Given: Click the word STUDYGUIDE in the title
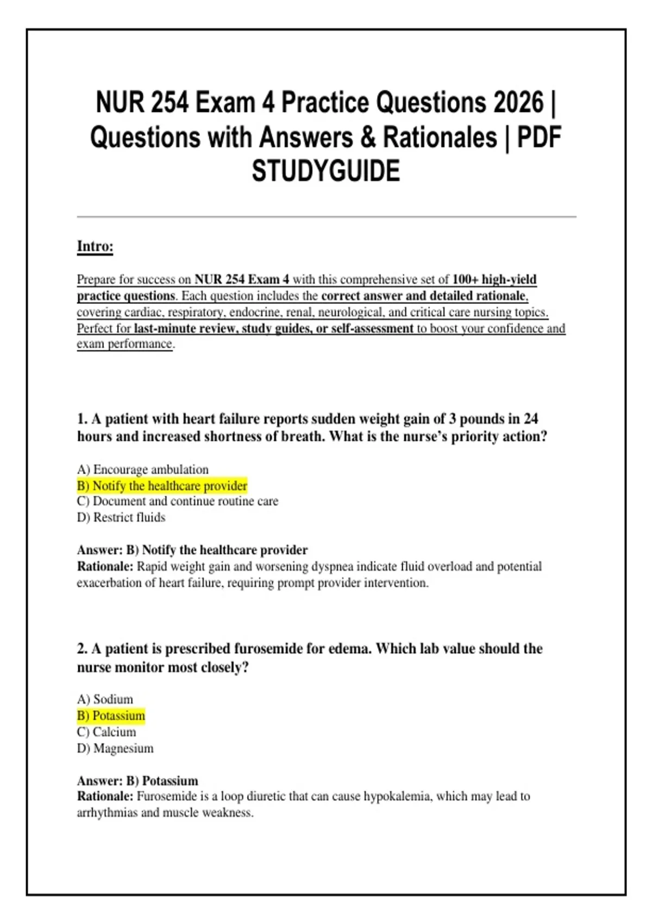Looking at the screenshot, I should [325, 171].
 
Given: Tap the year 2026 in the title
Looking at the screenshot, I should [518, 103].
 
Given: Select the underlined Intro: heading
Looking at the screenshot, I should [95, 246].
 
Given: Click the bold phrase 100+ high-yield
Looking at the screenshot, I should [494, 279].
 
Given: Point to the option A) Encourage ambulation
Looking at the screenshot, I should [142, 470].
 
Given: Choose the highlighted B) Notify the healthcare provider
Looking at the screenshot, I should [162, 485].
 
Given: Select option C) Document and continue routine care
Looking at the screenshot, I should [177, 501].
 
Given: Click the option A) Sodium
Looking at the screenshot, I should [105, 700].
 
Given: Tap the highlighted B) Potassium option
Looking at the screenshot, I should [111, 716].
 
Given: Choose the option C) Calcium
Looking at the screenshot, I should [106, 732].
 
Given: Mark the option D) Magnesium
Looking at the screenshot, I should [115, 748].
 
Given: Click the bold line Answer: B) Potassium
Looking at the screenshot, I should [137, 781].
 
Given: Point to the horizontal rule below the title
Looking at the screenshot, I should [326, 217].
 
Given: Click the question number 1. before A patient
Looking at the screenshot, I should [82, 419].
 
